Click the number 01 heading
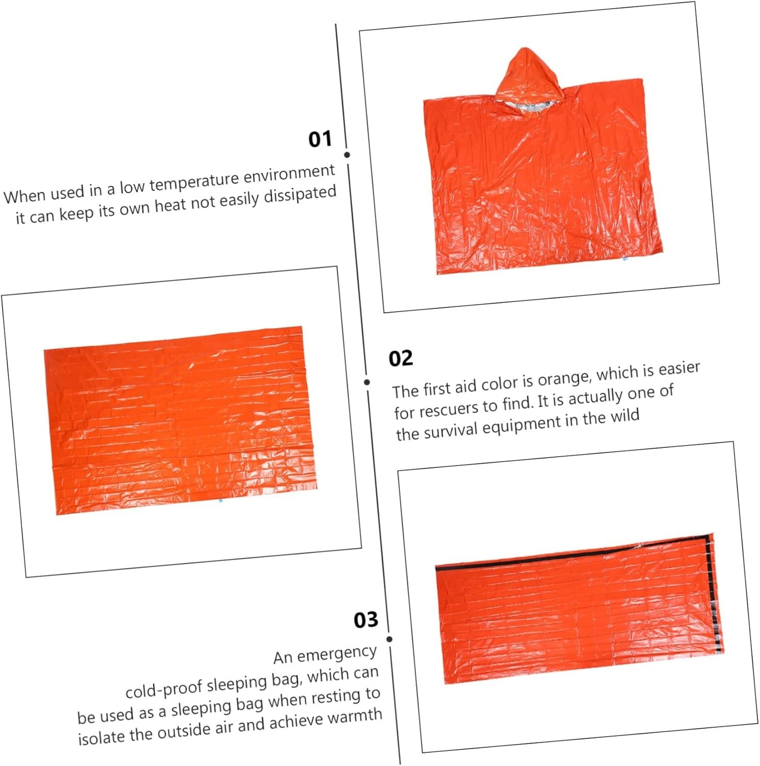[320, 139]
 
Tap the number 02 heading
[401, 358]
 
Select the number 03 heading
[366, 620]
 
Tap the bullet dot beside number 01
[347, 155]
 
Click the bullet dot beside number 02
[367, 382]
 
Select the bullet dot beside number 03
[389, 639]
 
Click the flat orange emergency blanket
[180, 420]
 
